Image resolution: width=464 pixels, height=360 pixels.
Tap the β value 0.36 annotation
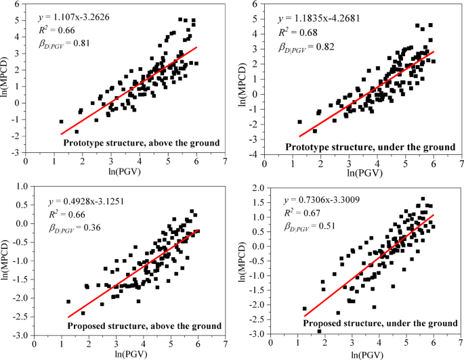(74, 227)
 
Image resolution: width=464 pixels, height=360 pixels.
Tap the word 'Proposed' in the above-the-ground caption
(85, 326)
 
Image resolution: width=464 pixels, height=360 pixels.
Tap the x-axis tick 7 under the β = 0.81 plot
(225, 162)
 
